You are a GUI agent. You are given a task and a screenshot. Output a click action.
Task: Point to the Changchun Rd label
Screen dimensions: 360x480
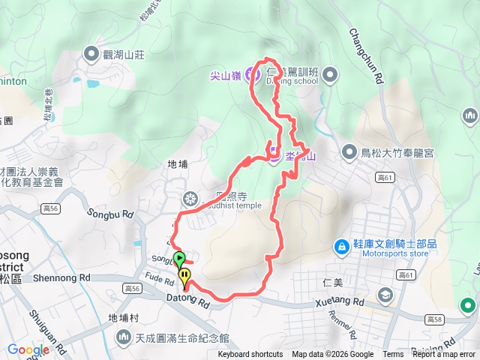tap(367, 55)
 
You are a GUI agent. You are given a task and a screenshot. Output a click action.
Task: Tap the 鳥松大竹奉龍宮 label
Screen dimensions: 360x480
tap(397, 154)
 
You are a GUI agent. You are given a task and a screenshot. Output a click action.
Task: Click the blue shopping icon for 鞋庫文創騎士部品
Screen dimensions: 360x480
tap(341, 244)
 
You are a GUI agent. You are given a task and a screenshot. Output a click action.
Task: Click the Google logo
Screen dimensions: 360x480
tap(28, 349)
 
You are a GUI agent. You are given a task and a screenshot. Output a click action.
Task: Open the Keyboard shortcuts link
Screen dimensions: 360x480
tap(250, 355)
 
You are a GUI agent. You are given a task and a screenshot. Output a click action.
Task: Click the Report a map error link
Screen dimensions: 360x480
tap(444, 355)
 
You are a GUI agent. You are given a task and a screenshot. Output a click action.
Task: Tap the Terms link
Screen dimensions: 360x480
tap(393, 355)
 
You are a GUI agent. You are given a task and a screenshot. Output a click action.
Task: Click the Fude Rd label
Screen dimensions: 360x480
tap(160, 277)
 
